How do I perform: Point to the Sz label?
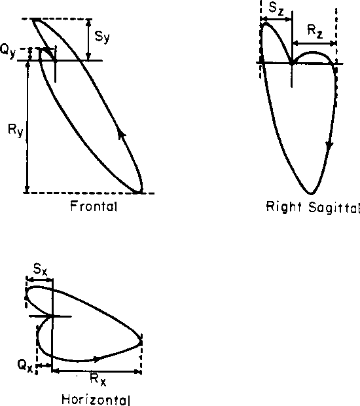[x=276, y=9]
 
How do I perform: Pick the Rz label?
[x=315, y=31]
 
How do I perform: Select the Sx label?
[x=40, y=268]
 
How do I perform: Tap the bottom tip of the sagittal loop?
[x=313, y=193]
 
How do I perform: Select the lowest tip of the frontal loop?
[x=139, y=192]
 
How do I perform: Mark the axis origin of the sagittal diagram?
[x=291, y=63]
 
